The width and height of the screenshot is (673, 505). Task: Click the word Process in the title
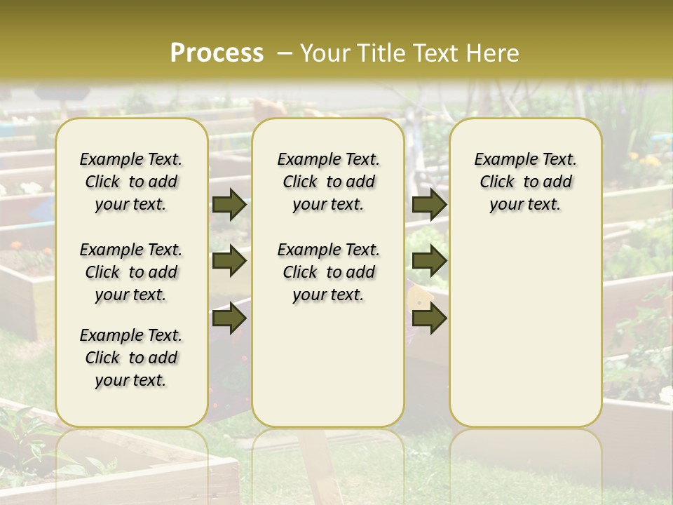click(x=217, y=53)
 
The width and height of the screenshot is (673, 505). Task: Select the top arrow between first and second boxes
click(x=229, y=205)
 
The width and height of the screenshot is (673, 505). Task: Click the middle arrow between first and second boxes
click(x=229, y=262)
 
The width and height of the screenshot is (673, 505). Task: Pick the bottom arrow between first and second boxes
click(x=229, y=318)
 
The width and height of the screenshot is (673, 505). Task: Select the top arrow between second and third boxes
click(x=429, y=205)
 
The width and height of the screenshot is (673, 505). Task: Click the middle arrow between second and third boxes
click(x=429, y=262)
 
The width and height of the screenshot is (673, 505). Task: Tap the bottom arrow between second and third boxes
click(x=429, y=318)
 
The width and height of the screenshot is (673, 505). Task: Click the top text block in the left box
click(x=131, y=182)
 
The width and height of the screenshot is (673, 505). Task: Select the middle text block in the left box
click(x=131, y=272)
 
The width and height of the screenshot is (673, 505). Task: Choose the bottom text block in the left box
click(x=131, y=358)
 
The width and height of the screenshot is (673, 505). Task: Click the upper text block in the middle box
click(x=328, y=182)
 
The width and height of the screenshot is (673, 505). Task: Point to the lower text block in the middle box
click(x=328, y=272)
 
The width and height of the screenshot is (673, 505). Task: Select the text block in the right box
click(x=525, y=182)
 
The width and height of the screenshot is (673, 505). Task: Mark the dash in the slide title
click(x=285, y=53)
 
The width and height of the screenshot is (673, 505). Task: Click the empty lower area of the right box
click(x=525, y=330)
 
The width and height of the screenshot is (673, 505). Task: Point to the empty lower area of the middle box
click(x=328, y=365)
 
